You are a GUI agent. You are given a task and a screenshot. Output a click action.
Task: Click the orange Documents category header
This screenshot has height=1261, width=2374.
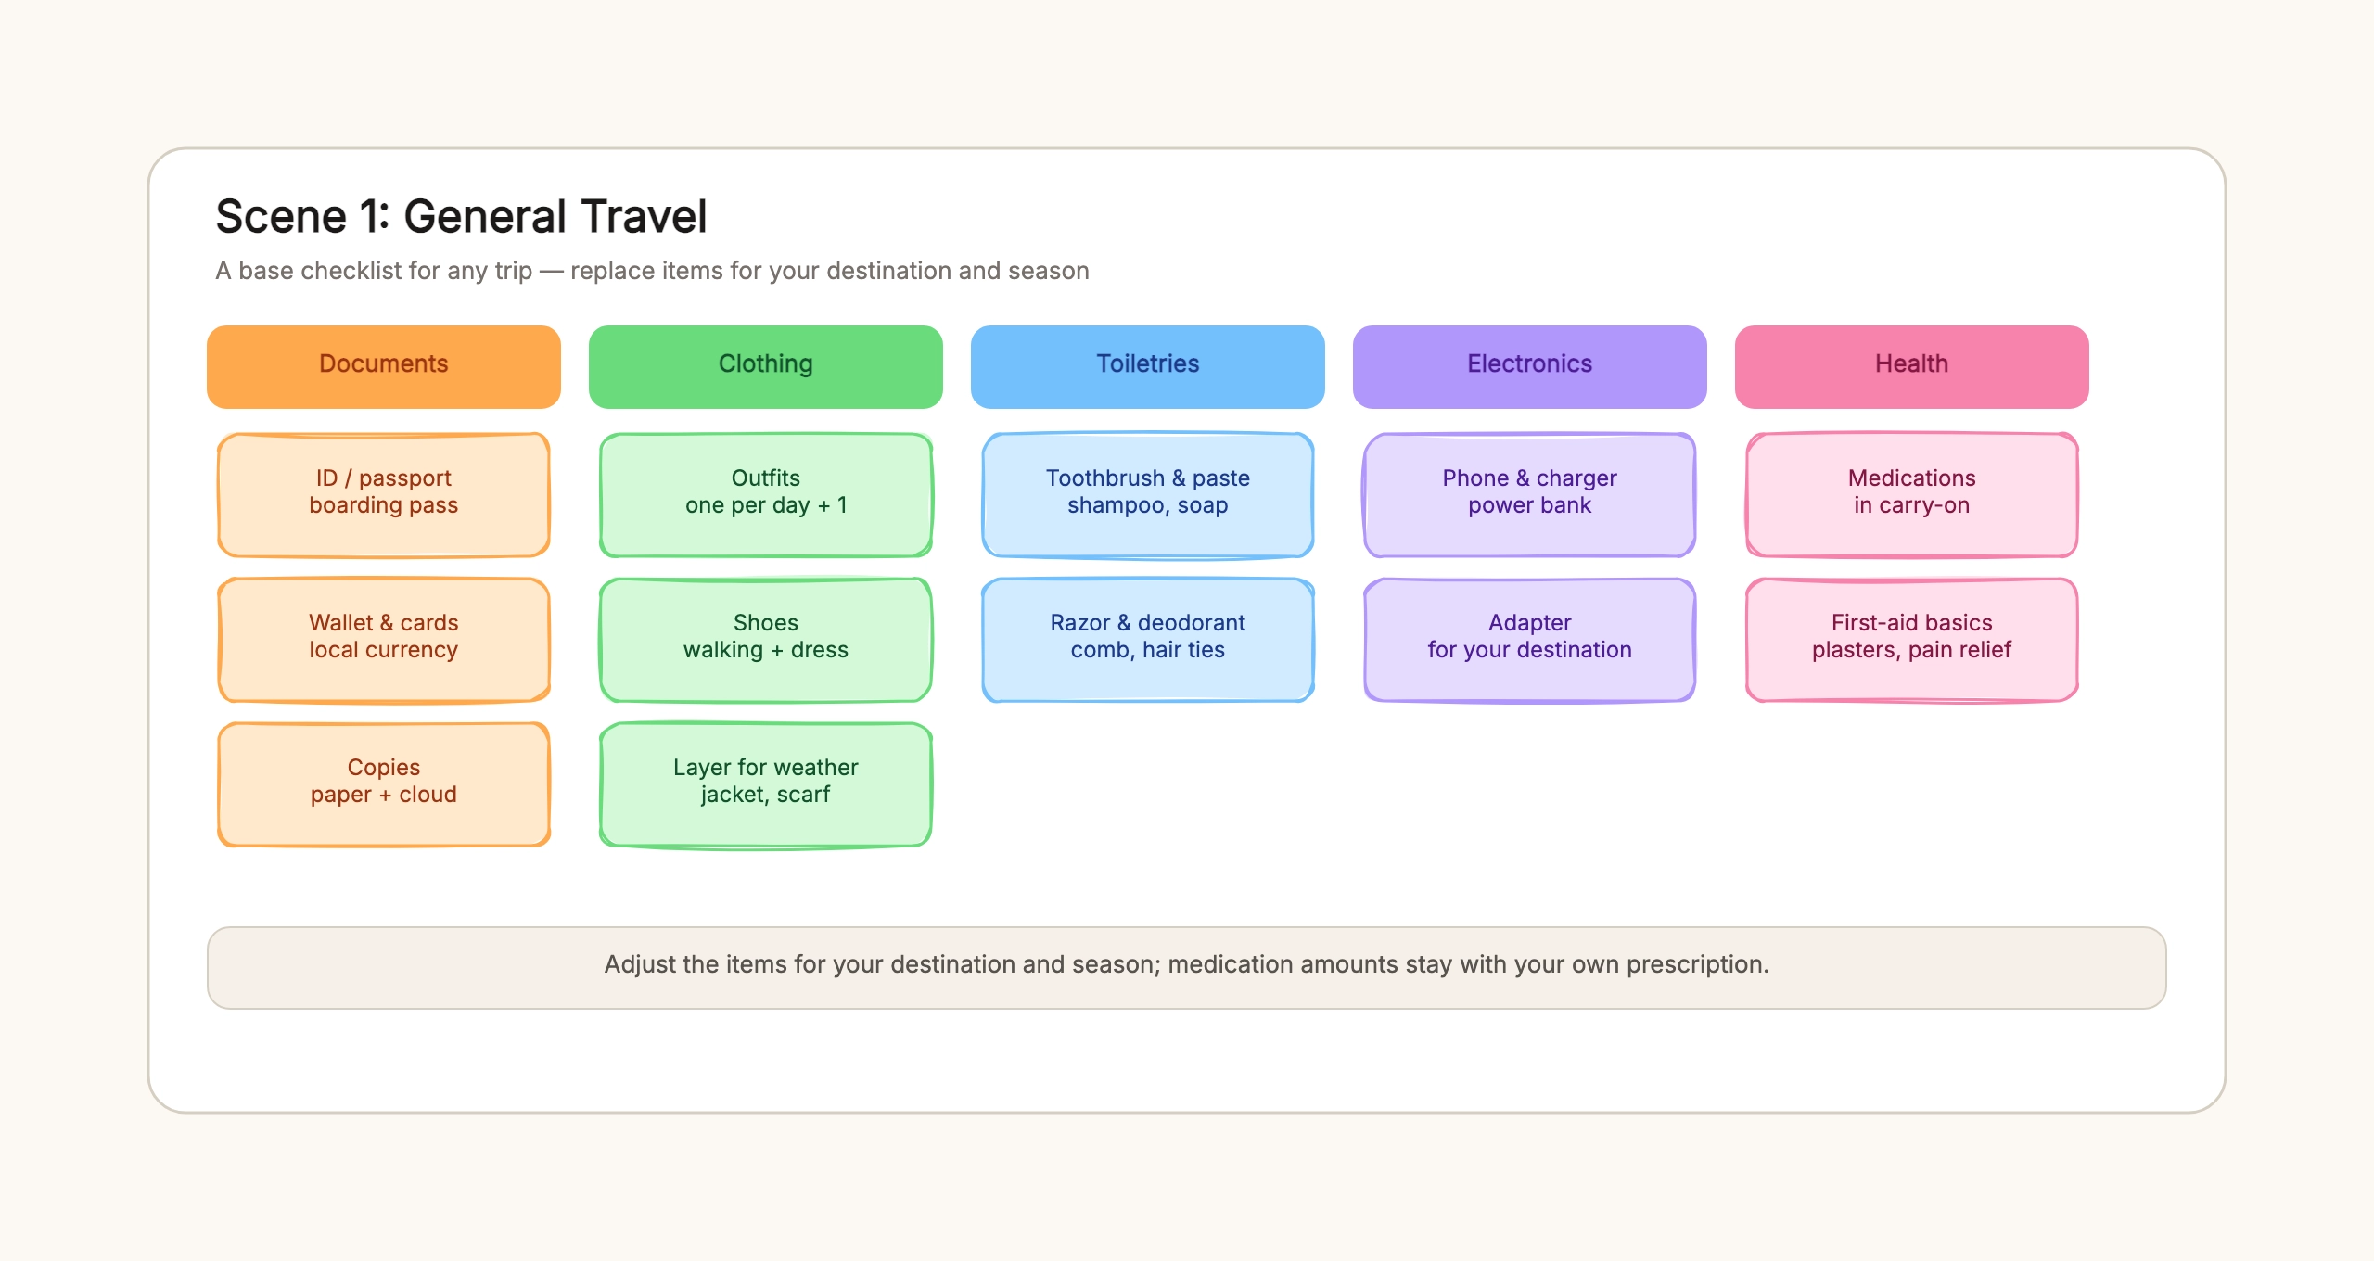pos(384,366)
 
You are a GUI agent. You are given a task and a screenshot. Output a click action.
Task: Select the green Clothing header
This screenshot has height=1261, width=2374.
pos(766,366)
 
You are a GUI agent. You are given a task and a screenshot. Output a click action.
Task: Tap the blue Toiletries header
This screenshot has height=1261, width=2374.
pos(1148,366)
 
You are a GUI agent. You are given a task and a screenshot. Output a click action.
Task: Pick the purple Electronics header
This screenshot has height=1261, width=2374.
pos(1530,366)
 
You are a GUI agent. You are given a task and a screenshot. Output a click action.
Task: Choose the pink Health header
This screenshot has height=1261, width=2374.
pos(1912,366)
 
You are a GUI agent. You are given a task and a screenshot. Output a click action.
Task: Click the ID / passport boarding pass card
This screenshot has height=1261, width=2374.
pos(384,495)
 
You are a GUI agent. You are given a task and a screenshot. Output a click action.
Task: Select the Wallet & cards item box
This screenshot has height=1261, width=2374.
pos(384,640)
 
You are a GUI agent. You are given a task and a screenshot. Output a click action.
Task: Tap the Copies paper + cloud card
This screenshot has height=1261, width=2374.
pos(384,784)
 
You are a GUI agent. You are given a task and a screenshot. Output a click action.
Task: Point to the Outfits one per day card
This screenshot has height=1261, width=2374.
pos(766,495)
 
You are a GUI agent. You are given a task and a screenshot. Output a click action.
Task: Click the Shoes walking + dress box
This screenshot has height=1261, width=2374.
pos(766,640)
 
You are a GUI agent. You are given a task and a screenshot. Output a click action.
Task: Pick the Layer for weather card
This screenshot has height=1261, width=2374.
pos(766,784)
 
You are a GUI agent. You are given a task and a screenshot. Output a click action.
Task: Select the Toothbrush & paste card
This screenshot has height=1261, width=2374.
pos(1148,495)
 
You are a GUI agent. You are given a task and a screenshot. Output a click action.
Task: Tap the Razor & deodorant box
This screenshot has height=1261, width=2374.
pos(1148,640)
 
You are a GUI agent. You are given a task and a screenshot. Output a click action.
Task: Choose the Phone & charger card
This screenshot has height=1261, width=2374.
pos(1530,495)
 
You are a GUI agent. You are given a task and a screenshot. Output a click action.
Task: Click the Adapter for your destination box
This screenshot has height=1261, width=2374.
pos(1530,640)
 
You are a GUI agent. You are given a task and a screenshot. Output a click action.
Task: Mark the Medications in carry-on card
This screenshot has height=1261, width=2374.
pos(1912,495)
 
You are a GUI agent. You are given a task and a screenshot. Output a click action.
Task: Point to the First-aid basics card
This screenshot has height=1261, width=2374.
pos(1912,640)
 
